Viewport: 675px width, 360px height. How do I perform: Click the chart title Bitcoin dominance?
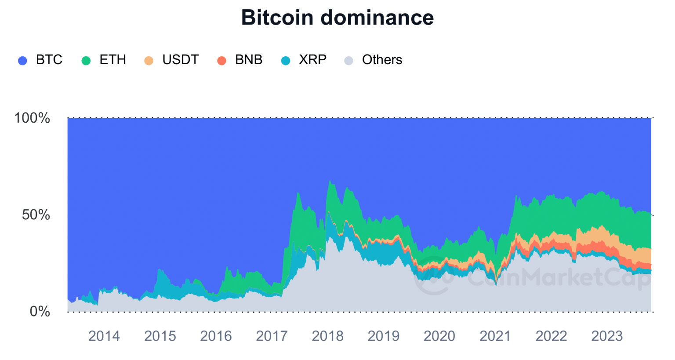(337, 18)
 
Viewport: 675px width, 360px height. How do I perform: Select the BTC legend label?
(49, 60)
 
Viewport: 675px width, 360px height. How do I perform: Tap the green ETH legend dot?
(86, 61)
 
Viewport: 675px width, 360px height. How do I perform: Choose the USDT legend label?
(180, 60)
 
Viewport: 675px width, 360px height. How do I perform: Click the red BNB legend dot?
(221, 61)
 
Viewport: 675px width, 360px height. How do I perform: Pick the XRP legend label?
(312, 60)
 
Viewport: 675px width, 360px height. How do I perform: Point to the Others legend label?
(382, 60)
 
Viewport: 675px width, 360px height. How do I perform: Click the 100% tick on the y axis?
(32, 118)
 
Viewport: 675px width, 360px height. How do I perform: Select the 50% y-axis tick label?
(36, 215)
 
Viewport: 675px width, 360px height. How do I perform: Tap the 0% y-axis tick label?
(40, 312)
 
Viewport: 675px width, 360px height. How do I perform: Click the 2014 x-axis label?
(104, 336)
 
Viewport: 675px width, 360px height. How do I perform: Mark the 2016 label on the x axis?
(216, 336)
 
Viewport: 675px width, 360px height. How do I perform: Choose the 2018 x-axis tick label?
(327, 336)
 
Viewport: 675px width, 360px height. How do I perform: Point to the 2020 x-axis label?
(439, 336)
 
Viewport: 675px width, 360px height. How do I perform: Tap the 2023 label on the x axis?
(607, 336)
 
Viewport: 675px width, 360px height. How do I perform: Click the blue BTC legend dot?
(22, 61)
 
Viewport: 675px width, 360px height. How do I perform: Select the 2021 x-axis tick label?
(495, 336)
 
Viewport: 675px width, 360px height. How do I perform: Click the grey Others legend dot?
(348, 61)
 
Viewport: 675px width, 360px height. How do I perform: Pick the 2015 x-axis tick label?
(160, 336)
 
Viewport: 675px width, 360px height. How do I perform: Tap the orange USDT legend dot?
(149, 61)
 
